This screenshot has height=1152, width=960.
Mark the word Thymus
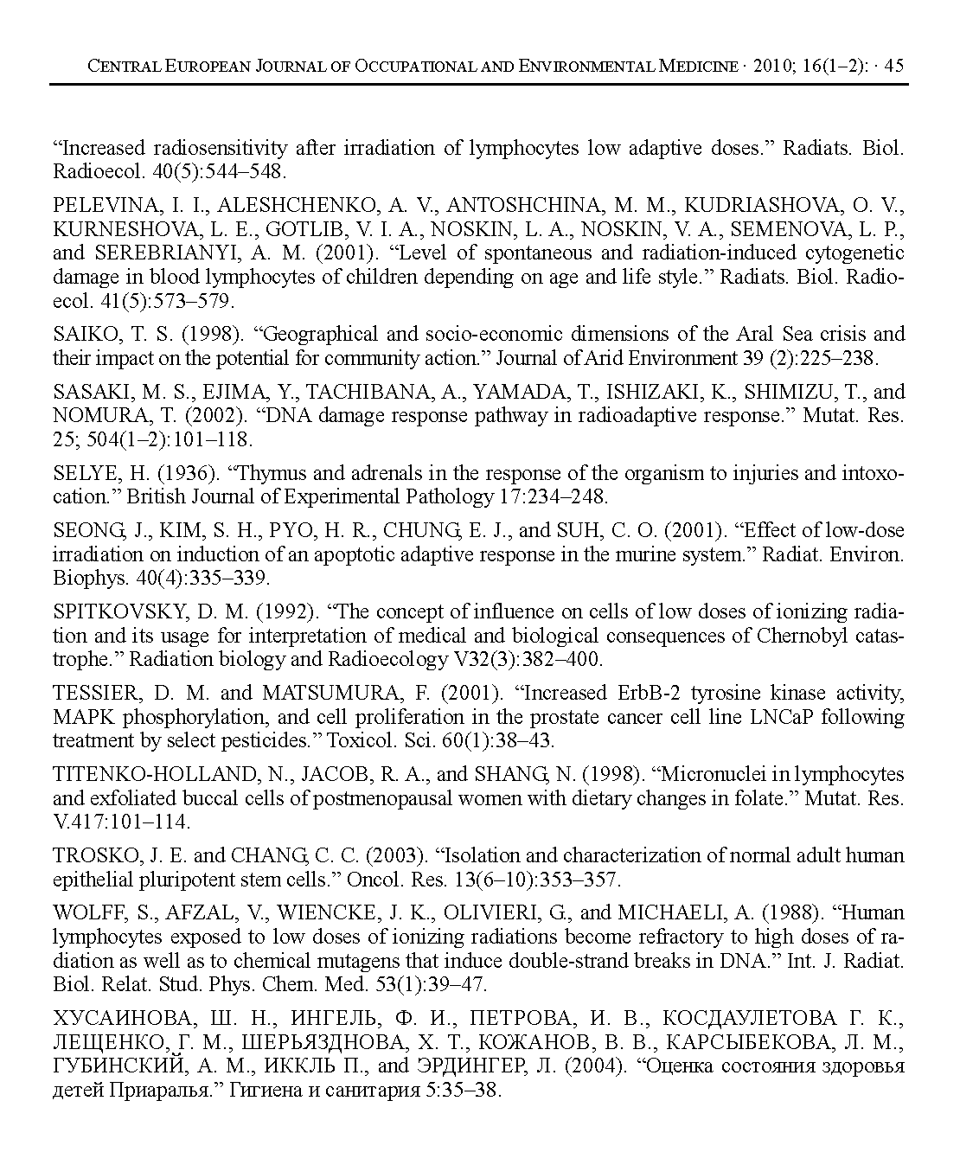pos(270,473)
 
